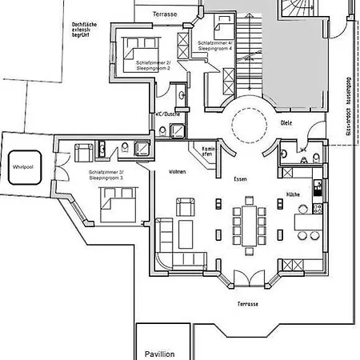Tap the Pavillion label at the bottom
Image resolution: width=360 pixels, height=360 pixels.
pyautogui.click(x=159, y=353)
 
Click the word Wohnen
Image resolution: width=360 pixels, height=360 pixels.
pyautogui.click(x=177, y=172)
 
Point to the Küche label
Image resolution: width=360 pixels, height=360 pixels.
pyautogui.click(x=294, y=194)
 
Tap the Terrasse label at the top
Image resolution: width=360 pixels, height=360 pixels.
pyautogui.click(x=166, y=14)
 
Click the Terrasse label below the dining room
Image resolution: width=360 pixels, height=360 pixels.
pyautogui.click(x=247, y=304)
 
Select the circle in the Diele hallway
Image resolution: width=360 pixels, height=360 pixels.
pyautogui.click(x=247, y=126)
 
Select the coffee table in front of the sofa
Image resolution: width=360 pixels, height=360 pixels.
pyautogui.click(x=185, y=235)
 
